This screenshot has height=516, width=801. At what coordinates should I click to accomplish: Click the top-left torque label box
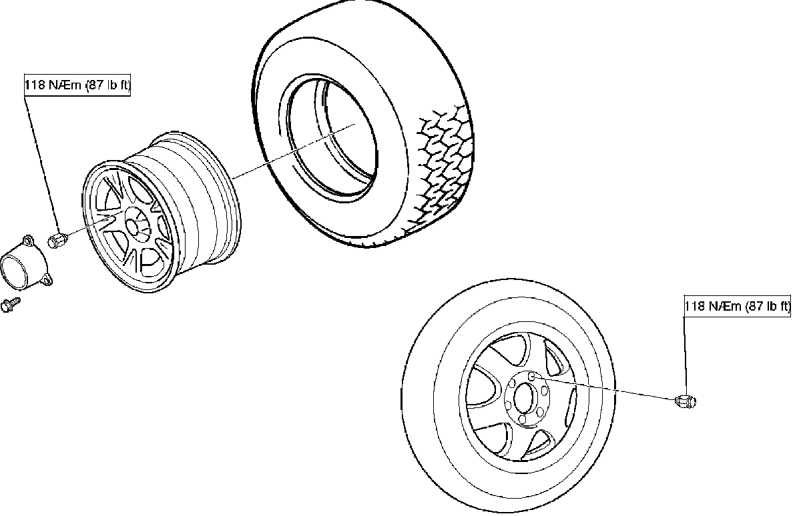77,86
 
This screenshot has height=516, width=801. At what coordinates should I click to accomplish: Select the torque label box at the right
737,306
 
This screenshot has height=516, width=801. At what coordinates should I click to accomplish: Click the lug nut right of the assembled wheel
685,401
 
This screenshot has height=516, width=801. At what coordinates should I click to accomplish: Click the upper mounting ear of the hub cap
27,239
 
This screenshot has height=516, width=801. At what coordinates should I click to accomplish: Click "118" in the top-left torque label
35,86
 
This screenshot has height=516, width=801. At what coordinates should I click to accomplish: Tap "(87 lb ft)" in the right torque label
767,306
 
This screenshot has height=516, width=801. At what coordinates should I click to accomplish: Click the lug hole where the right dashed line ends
532,377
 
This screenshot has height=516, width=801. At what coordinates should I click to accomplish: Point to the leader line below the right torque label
684,353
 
